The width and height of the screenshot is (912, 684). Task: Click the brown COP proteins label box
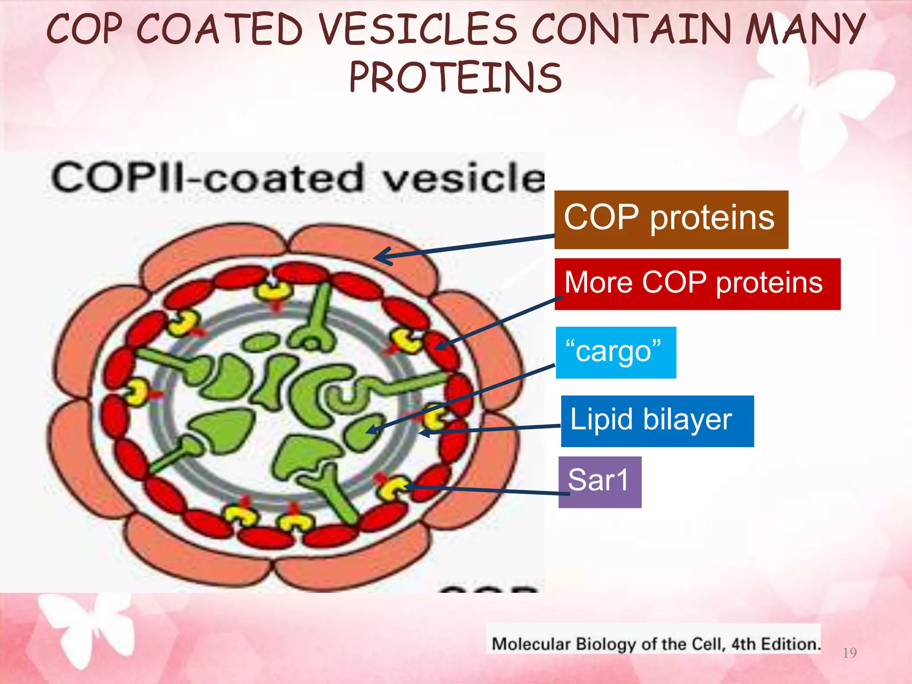[671, 219]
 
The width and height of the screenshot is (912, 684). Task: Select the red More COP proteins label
[697, 284]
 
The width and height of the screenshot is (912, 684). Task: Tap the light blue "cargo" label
[615, 352]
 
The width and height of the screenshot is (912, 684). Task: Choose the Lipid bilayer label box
[657, 421]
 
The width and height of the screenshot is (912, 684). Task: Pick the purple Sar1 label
[599, 482]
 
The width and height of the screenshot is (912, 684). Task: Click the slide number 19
[850, 653]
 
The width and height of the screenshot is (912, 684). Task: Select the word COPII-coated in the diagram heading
[208, 177]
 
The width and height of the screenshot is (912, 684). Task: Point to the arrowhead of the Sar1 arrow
[407, 487]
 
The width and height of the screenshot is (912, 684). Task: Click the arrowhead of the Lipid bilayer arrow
[422, 432]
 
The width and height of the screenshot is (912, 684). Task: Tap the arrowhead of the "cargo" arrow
[369, 431]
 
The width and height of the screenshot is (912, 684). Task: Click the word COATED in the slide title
[220, 29]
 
